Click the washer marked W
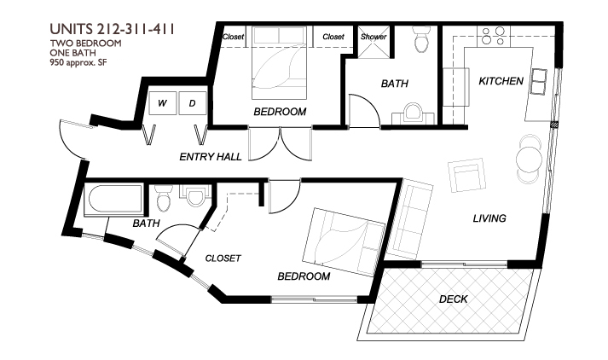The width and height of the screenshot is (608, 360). tap(163, 104)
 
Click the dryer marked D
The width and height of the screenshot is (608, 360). tap(193, 104)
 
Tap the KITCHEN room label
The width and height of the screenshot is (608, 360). tap(501, 81)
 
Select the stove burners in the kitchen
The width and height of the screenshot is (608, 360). tap(493, 36)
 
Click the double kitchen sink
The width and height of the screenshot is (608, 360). tap(540, 81)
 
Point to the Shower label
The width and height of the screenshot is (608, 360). tap(373, 37)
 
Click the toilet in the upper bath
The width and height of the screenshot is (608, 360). tap(420, 39)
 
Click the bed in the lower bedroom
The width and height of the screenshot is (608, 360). tap(340, 239)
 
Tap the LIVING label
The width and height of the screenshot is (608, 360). tap(489, 218)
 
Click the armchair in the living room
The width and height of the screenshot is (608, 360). tap(468, 175)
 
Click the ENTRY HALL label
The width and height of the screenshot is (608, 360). tap(210, 157)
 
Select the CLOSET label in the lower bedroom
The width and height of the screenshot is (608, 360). tap(223, 258)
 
